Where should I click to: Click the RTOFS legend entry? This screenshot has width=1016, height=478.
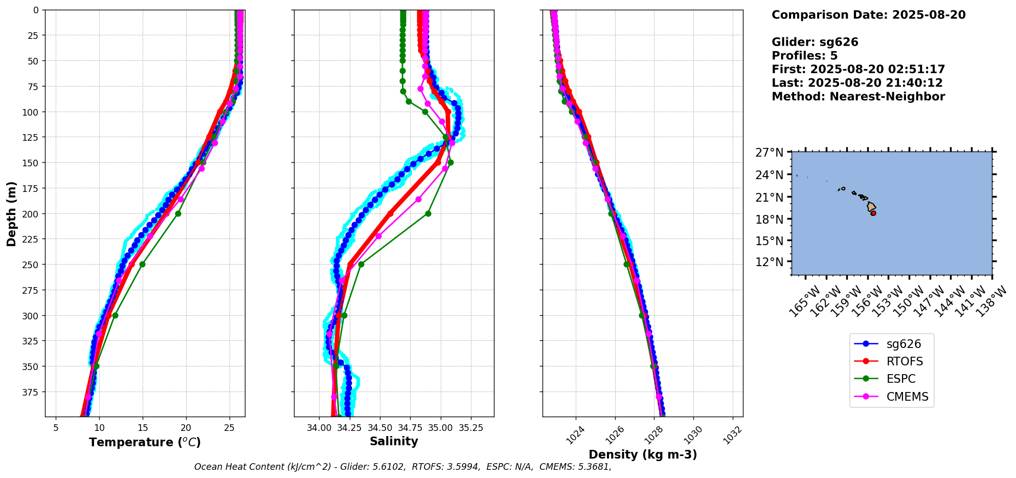[904, 361]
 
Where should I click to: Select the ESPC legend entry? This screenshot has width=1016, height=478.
[900, 379]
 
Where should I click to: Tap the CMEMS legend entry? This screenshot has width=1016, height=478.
[907, 397]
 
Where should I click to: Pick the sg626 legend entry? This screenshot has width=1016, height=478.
[904, 344]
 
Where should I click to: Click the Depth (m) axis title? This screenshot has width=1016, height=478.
[11, 213]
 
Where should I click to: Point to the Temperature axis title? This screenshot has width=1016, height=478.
[145, 442]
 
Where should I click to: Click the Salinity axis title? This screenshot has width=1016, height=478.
[394, 441]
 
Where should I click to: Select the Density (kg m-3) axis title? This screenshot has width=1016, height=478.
[643, 454]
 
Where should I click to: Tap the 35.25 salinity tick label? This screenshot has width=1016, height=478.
[471, 427]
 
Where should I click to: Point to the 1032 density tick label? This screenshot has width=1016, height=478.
[732, 434]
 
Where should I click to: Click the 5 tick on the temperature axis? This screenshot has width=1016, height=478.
[56, 427]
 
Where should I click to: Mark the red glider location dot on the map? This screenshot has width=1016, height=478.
[873, 213]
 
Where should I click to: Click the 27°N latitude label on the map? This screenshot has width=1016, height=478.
[769, 153]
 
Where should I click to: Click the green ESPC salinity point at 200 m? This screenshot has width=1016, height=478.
[428, 213]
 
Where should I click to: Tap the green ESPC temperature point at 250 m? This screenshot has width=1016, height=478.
[142, 264]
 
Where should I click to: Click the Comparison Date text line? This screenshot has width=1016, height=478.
[868, 15]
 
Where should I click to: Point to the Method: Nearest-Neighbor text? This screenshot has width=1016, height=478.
[858, 96]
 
